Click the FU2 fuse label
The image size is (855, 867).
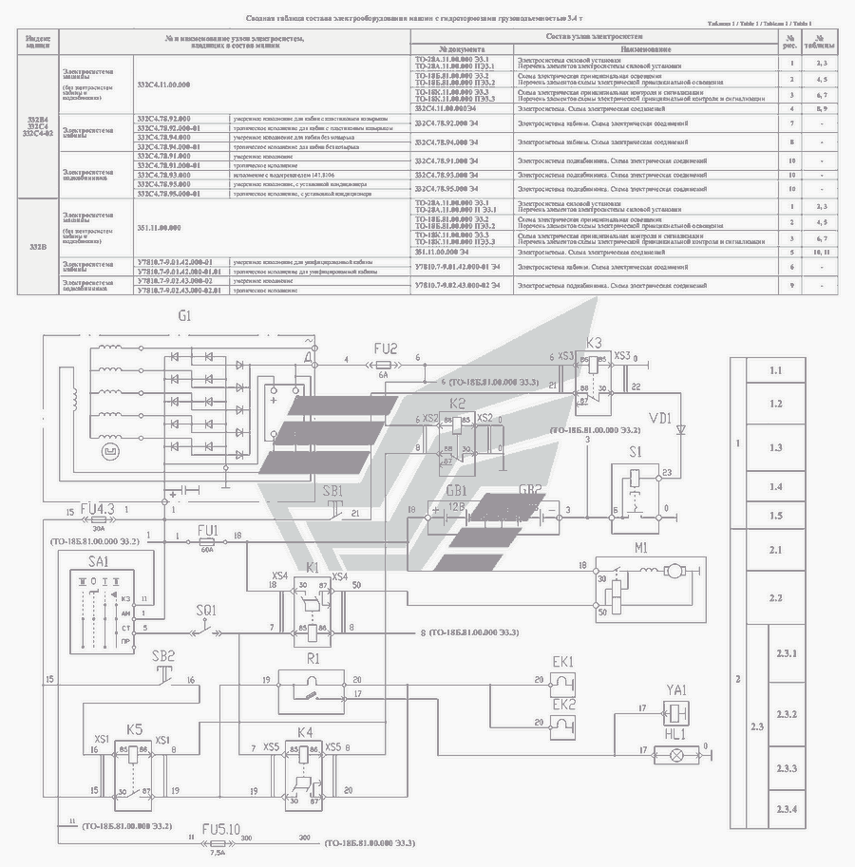pos(386,349)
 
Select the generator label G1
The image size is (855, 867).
pos(184,315)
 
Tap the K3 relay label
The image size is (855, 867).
pos(595,343)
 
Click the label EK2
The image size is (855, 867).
pos(564,705)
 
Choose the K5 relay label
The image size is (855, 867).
pos(135,731)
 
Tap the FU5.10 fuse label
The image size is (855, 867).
pos(218,827)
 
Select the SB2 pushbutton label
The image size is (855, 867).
pos(164,656)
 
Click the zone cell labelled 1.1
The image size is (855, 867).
pos(775,370)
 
